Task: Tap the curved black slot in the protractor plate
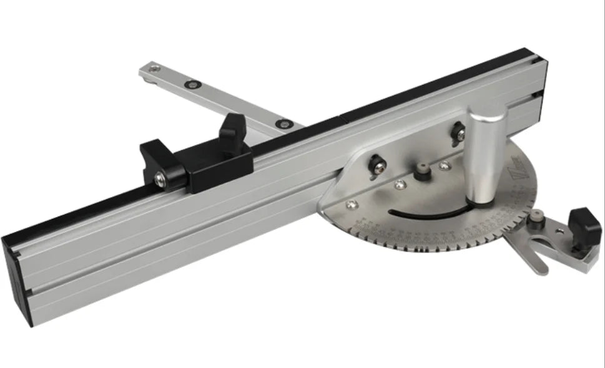[x=431, y=214]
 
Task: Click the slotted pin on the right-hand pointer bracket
[x=536, y=218]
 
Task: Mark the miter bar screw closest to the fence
[x=285, y=123]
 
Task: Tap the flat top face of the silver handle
[x=486, y=116]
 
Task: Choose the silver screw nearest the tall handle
[x=444, y=166]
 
